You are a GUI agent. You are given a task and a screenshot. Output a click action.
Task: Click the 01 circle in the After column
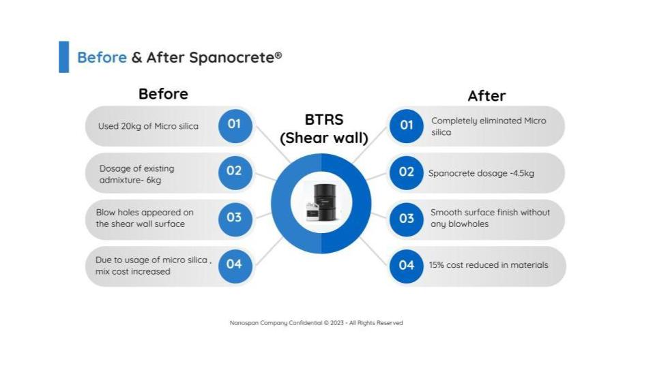pos(407,126)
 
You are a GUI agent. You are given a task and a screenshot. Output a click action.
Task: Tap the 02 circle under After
pos(407,172)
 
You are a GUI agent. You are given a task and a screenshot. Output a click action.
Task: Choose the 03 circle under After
pos(407,219)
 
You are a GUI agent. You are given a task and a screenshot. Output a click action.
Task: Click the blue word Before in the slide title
pos(102,57)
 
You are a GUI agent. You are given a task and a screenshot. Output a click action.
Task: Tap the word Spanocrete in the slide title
pos(231,57)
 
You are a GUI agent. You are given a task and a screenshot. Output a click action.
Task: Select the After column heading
pos(486,96)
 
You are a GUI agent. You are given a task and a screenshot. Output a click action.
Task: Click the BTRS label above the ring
pos(324,120)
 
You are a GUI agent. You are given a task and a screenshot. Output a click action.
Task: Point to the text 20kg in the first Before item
pos(131,127)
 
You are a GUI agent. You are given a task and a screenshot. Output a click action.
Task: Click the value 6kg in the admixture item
pos(154,180)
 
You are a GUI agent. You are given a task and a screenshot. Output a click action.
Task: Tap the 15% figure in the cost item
pos(436,265)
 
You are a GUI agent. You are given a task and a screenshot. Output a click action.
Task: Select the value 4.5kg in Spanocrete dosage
pos(523,173)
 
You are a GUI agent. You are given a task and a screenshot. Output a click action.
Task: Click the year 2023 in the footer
pos(336,323)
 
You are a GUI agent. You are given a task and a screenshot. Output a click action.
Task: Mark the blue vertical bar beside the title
pos(64,57)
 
